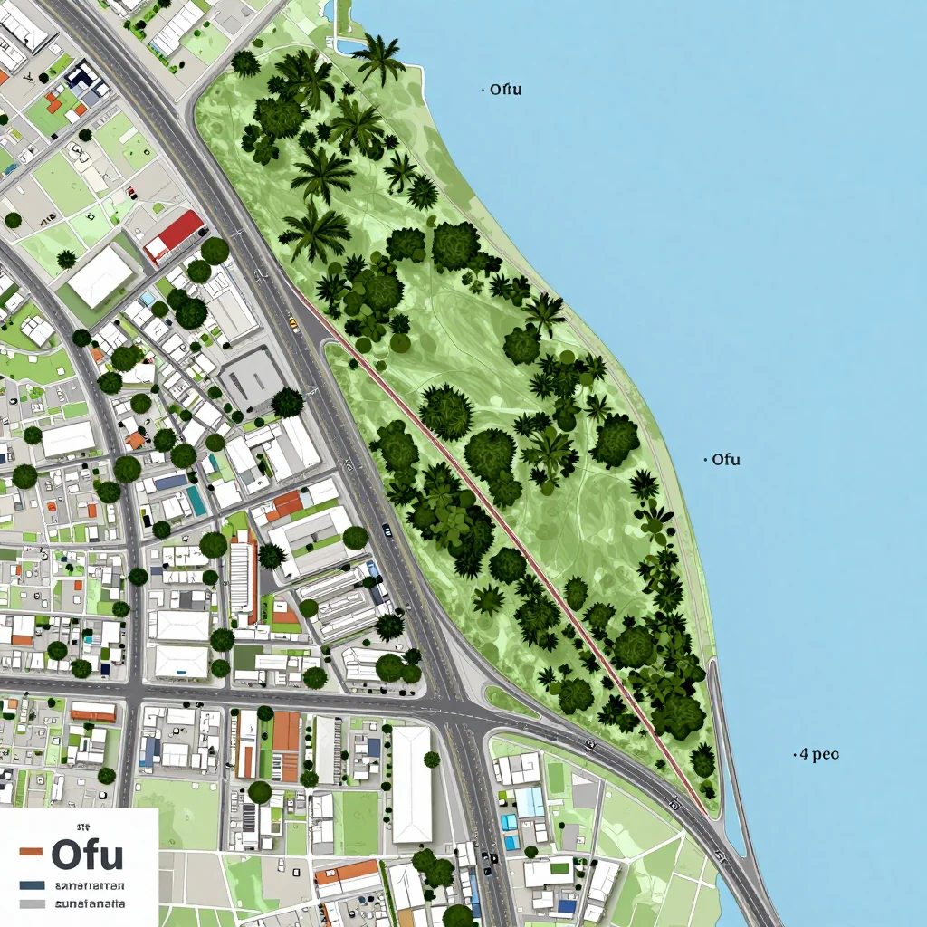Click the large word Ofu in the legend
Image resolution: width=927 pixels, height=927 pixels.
pyautogui.click(x=87, y=854)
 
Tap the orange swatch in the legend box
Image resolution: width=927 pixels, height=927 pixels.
pyautogui.click(x=31, y=852)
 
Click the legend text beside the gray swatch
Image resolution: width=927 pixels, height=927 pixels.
pyautogui.click(x=91, y=903)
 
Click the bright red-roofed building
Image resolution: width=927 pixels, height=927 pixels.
pyautogui.click(x=174, y=234)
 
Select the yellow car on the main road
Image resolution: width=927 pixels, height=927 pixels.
pyautogui.click(x=293, y=321)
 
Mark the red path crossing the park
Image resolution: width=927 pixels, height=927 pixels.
pyautogui.click(x=507, y=525)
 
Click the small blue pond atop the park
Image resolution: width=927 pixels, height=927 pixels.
pyautogui.click(x=348, y=43)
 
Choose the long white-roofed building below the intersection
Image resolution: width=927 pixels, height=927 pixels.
pyautogui.click(x=411, y=784)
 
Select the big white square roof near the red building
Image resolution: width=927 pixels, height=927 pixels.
pyautogui.click(x=100, y=275)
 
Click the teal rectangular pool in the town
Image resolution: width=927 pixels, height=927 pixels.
pyautogui.click(x=196, y=501)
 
